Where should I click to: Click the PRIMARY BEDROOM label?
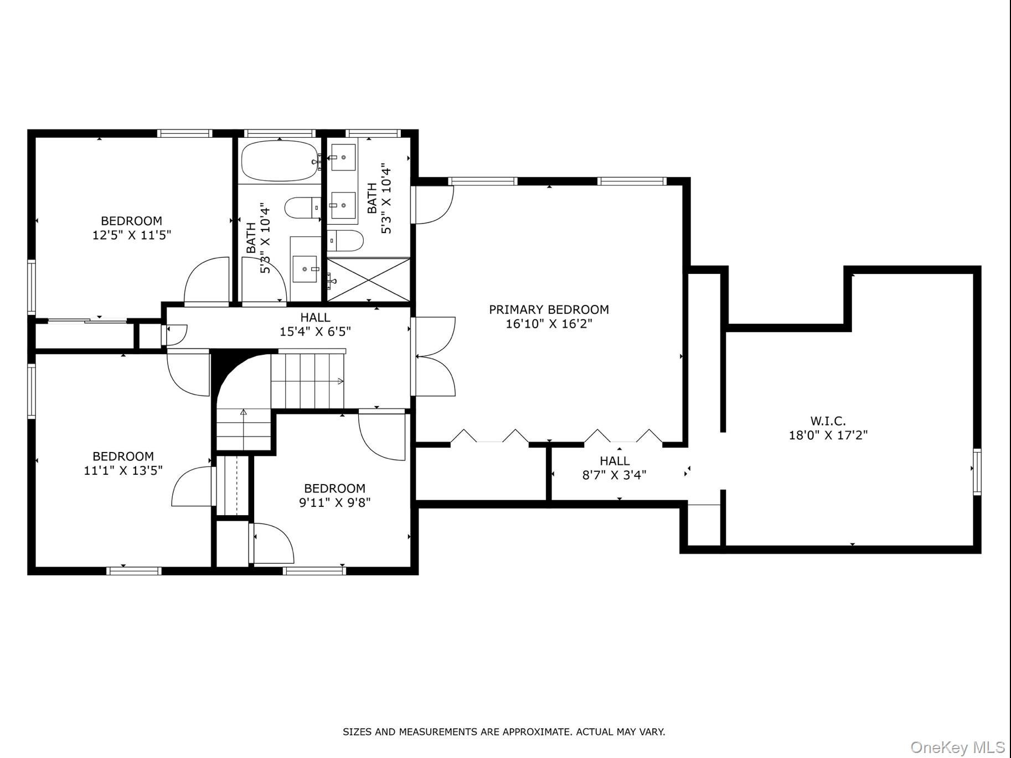[x=549, y=309]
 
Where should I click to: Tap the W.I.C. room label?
[x=828, y=421]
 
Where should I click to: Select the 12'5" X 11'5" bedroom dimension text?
[x=132, y=235]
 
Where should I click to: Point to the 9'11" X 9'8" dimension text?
[x=335, y=502]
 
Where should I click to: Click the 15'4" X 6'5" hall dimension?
[x=315, y=331]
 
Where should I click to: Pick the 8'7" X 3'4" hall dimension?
[x=615, y=475]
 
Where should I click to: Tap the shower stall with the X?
[x=369, y=279]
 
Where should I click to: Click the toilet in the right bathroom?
[x=345, y=241]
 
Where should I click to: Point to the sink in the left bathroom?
[x=305, y=269]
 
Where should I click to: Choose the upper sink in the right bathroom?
[x=343, y=158]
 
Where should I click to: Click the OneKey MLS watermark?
[x=958, y=747]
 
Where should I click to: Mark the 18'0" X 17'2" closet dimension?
[x=828, y=435]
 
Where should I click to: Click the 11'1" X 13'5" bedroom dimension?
[x=123, y=471]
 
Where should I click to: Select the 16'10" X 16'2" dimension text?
[x=549, y=324]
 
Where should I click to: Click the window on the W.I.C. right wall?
[x=977, y=472]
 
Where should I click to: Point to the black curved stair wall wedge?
[x=223, y=365]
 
